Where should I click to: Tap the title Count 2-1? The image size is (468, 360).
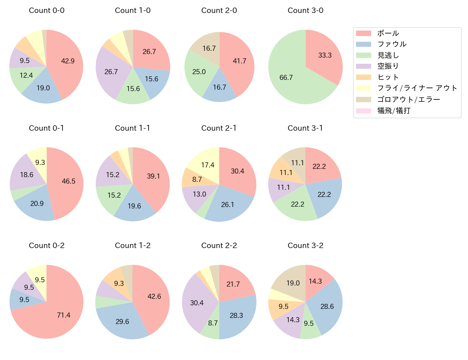[x=219, y=128]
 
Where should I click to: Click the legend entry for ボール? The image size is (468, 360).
[x=388, y=33]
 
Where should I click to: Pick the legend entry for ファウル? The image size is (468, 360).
[x=392, y=44]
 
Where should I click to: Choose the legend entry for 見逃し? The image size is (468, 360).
[x=388, y=55]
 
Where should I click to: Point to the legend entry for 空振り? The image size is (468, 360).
[x=388, y=66]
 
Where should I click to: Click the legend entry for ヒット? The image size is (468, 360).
[x=388, y=77]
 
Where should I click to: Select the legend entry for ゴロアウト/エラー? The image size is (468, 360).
[x=408, y=99]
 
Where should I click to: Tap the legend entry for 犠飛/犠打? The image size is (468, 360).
[x=393, y=111]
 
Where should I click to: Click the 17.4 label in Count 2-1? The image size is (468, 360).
[x=208, y=165]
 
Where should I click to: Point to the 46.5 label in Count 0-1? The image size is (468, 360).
[x=68, y=181]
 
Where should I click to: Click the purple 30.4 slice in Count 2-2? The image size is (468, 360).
[x=197, y=303]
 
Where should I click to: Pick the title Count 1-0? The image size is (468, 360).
[x=132, y=10]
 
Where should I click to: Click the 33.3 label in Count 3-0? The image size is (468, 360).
[x=325, y=55]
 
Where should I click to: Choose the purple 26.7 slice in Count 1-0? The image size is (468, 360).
[x=111, y=72]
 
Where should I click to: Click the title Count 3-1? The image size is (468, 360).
[x=305, y=128]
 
